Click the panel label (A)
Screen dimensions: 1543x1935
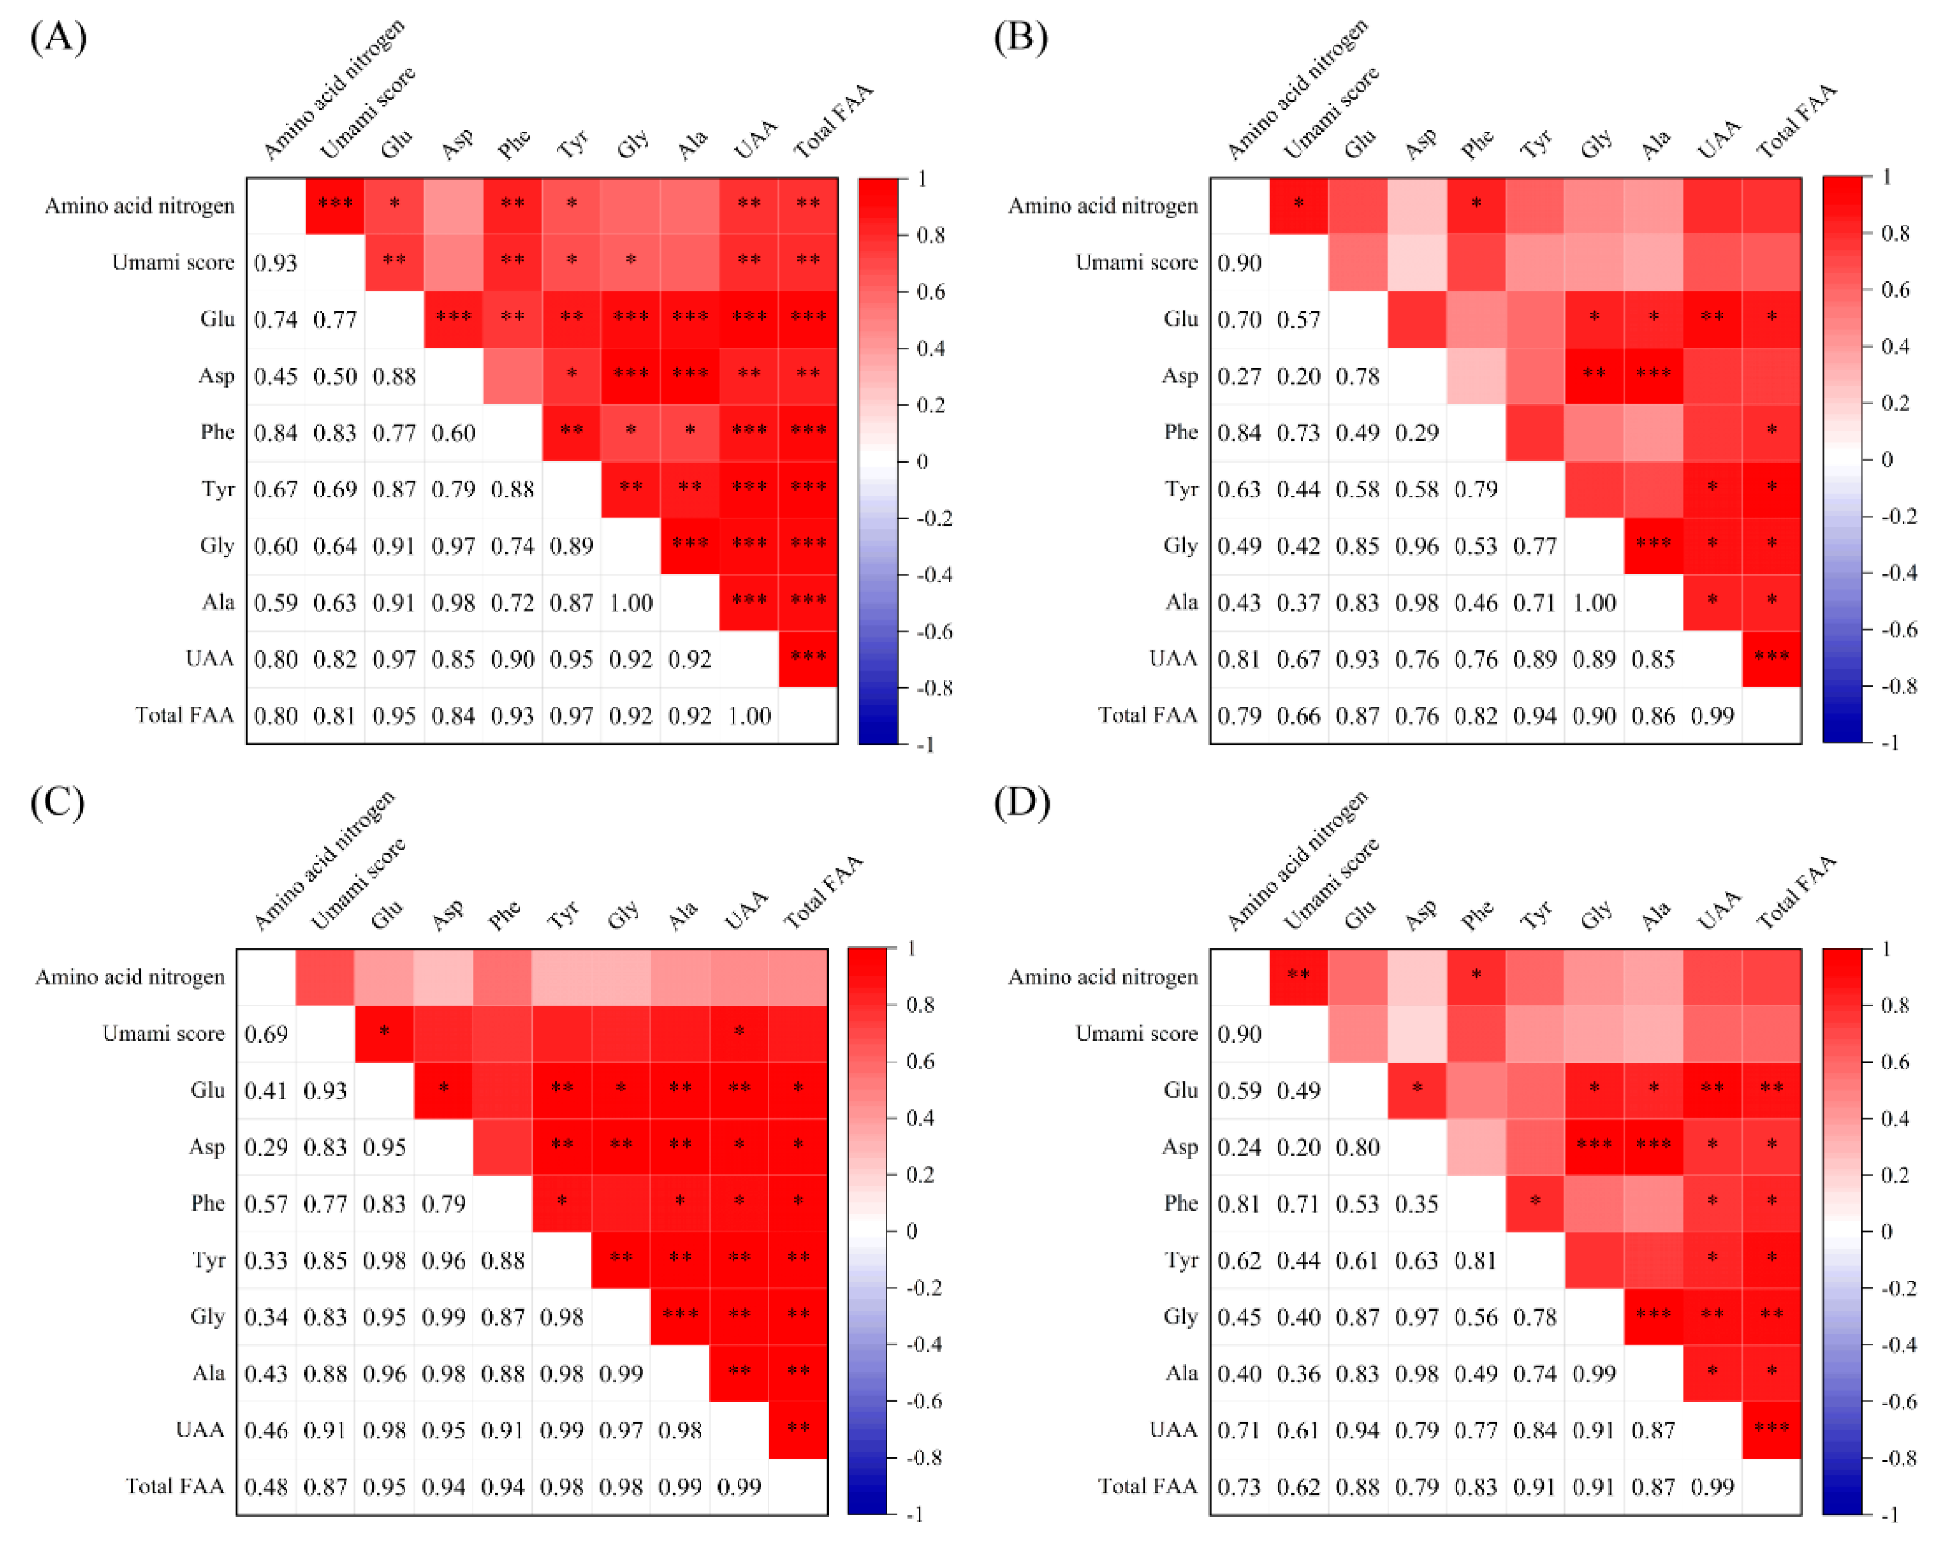[x=58, y=38]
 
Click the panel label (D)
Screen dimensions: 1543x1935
[x=1021, y=801]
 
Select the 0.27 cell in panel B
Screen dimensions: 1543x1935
[x=1238, y=376]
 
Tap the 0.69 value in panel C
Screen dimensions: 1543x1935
[x=265, y=1034]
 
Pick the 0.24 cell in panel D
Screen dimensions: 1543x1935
[x=1238, y=1147]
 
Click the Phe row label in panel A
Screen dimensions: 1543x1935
[x=217, y=432]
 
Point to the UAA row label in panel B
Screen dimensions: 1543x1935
[x=1172, y=659]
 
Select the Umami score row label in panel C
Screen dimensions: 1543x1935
[x=163, y=1033]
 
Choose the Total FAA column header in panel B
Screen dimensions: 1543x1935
[x=1795, y=121]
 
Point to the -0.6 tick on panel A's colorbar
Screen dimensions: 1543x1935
[x=934, y=631]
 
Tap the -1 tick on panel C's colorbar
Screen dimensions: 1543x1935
[x=914, y=1514]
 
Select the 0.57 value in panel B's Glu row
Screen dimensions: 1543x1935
[x=1298, y=319]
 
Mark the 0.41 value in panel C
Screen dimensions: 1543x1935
[x=265, y=1091]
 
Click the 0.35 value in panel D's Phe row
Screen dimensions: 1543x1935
[x=1416, y=1203]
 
